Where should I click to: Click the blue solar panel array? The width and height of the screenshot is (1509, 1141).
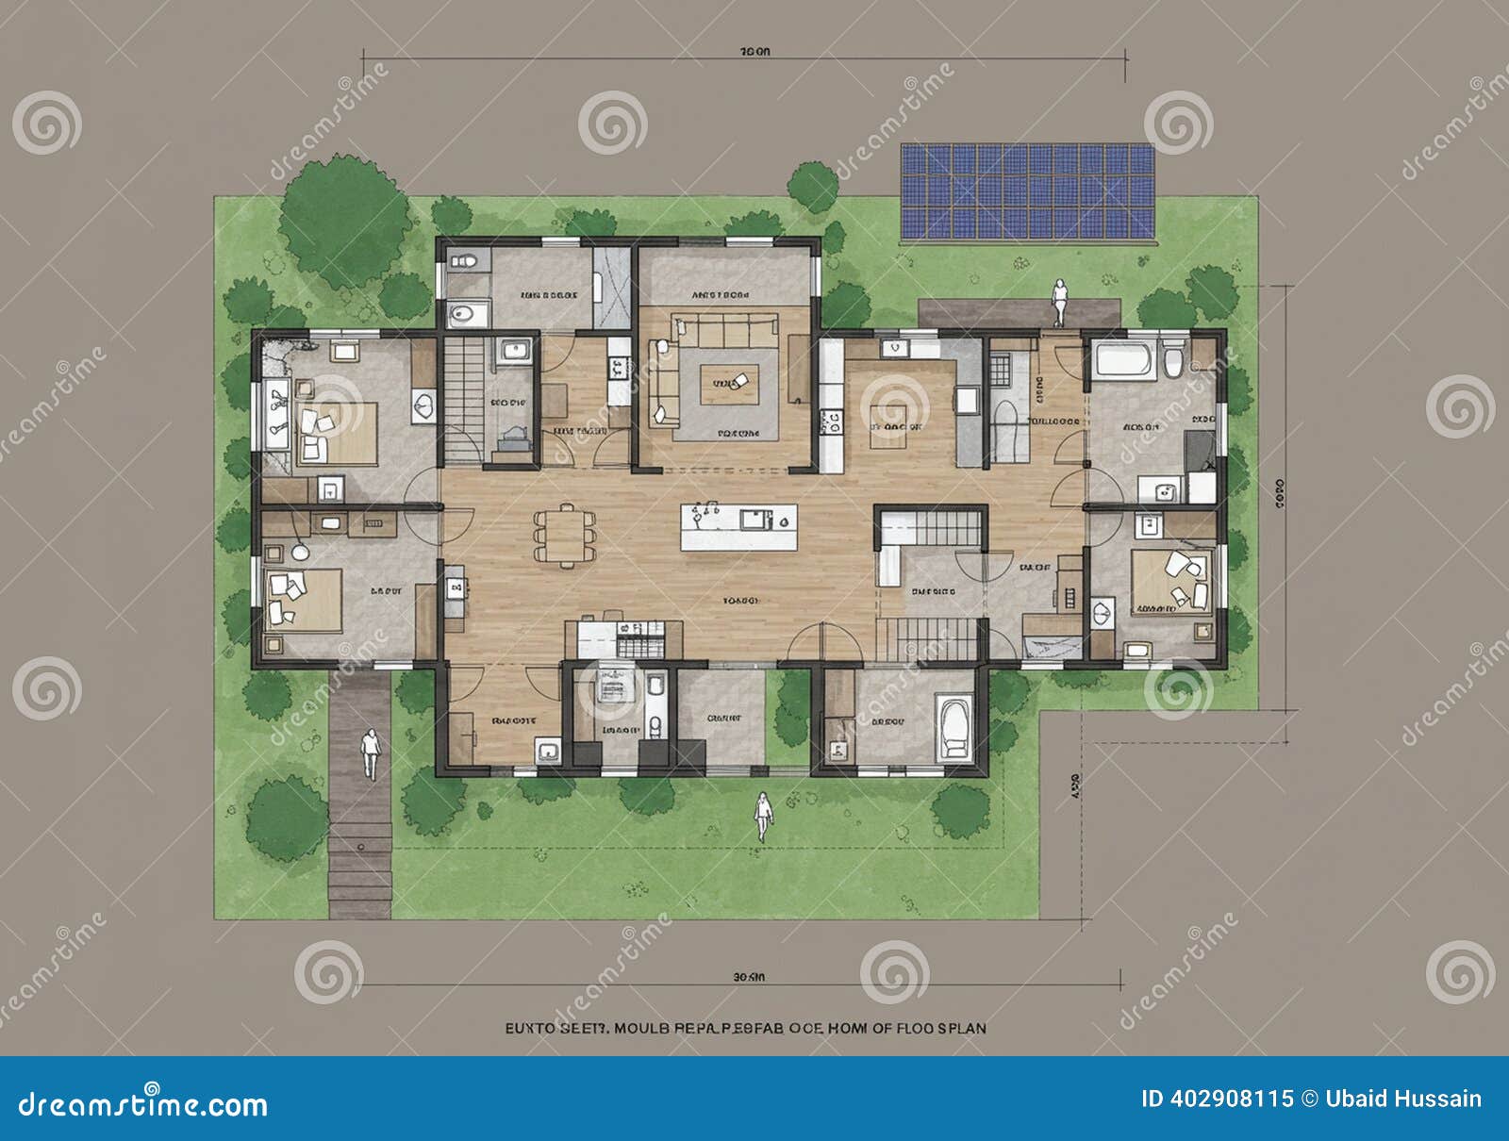[1028, 191]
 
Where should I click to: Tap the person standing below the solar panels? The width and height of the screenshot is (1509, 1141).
[1060, 302]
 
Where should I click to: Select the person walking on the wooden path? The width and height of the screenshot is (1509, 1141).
[371, 752]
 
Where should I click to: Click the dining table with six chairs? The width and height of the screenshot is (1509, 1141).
[566, 536]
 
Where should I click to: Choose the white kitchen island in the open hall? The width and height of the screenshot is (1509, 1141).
[738, 526]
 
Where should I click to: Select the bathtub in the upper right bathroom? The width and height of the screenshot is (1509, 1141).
[1122, 360]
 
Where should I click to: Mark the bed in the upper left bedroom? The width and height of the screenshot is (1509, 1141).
[335, 432]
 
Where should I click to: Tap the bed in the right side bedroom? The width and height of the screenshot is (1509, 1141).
[1169, 578]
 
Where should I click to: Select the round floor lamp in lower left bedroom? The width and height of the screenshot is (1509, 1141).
[300, 552]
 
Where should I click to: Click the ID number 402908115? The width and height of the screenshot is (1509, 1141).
[1217, 1099]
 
